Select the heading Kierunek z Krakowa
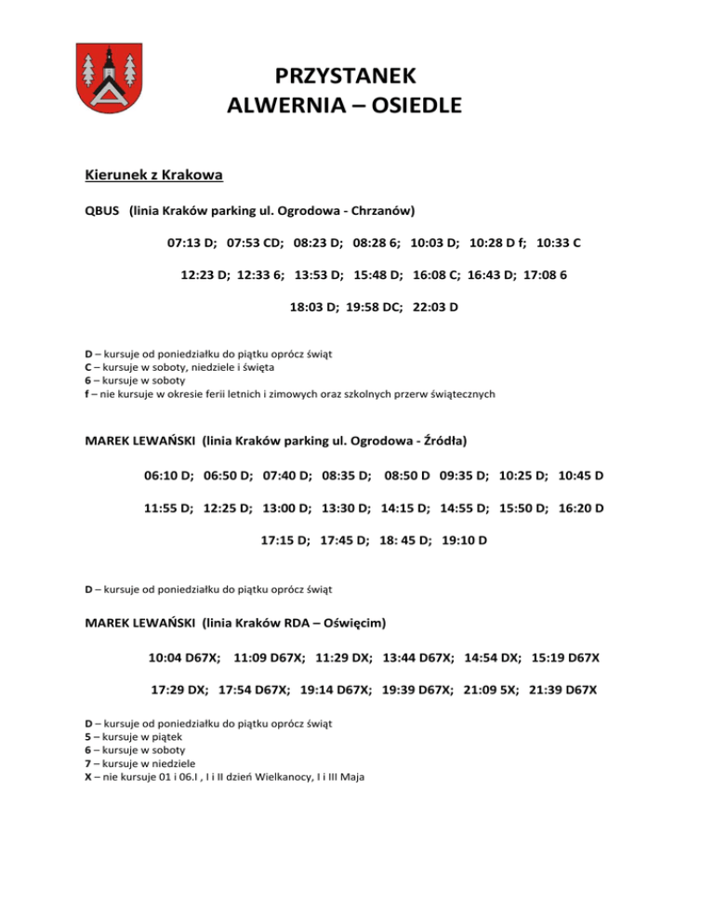[x=151, y=174]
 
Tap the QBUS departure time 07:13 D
[x=192, y=243]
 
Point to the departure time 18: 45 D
[x=404, y=540]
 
